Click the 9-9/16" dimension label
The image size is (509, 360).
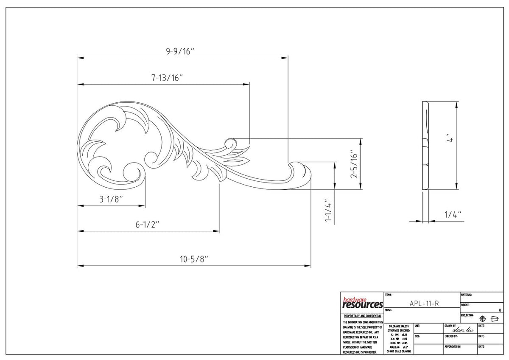[180, 51]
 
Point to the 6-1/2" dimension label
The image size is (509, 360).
[147, 225]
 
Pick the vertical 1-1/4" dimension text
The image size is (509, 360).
[327, 211]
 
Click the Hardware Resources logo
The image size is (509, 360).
[362, 303]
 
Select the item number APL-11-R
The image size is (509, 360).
[422, 303]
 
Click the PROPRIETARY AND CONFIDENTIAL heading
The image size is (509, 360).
[362, 316]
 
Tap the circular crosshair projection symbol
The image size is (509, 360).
[482, 319]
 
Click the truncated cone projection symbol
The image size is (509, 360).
[494, 319]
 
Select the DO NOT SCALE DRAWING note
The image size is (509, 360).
[398, 351]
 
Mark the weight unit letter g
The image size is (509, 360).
[500, 310]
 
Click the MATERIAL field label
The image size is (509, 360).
[467, 294]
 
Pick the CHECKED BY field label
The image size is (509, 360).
[451, 336]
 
